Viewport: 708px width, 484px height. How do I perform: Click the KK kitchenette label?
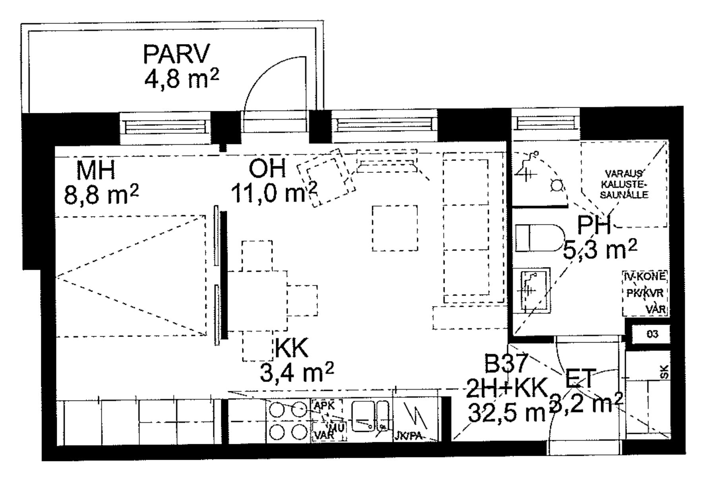[291, 348]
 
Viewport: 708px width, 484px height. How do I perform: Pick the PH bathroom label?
[594, 225]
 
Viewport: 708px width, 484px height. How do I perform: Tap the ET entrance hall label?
[580, 378]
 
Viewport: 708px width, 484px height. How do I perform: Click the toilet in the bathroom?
[538, 238]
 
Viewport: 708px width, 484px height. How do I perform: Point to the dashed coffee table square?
[395, 228]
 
